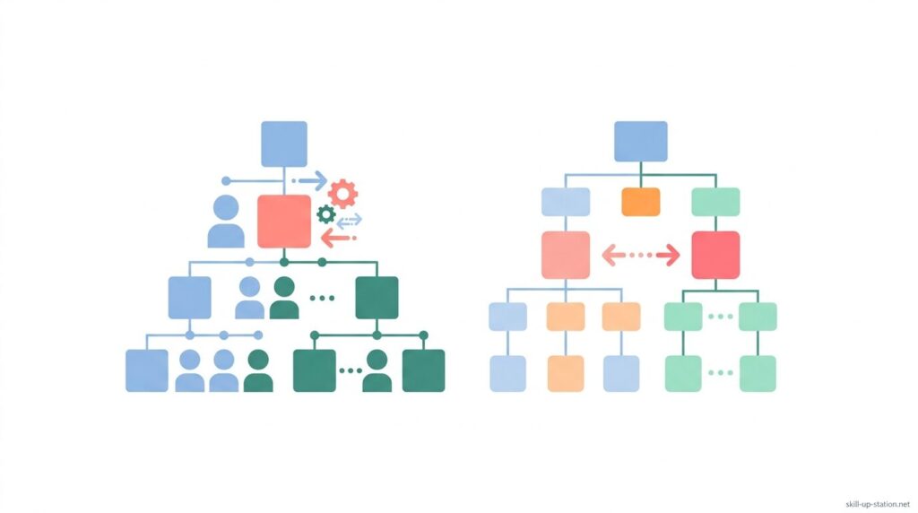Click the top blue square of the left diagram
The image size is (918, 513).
284,144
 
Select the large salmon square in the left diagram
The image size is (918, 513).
284,222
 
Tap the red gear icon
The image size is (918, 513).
342,193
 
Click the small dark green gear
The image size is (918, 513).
326,214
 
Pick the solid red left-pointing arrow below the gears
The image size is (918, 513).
339,239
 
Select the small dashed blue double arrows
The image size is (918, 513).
349,222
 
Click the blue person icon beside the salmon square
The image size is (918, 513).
226,222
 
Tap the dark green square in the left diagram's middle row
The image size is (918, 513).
377,298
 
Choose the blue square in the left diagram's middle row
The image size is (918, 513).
190,298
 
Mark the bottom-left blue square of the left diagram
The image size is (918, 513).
147,370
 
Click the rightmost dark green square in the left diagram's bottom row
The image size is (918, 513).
423,370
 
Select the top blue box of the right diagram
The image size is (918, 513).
640,141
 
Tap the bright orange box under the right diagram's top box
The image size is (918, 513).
640,202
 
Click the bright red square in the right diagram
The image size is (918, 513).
715,255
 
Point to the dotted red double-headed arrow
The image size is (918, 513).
641,256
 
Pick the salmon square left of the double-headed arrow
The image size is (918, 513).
566,255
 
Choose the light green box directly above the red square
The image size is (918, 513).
715,202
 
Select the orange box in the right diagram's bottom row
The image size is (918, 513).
566,374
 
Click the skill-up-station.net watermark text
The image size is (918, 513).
878,504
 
